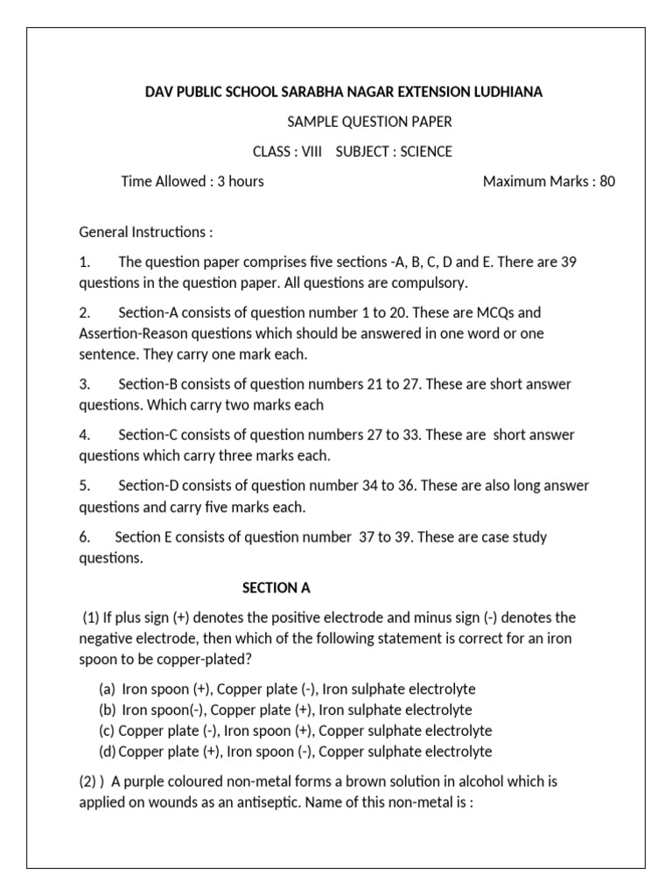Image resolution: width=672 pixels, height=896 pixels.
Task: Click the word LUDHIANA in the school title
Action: pos(505,92)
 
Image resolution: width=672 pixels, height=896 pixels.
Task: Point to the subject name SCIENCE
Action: pos(423,151)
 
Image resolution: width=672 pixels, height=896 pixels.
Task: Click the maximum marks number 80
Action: pos(607,181)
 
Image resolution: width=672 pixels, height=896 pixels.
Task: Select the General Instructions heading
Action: pos(145,232)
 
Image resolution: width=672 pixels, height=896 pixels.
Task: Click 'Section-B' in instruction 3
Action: pos(148,384)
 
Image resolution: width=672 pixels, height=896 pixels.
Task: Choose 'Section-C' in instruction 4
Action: pos(148,435)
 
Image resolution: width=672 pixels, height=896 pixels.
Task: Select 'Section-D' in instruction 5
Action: pos(149,486)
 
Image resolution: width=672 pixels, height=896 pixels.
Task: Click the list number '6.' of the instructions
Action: pos(85,536)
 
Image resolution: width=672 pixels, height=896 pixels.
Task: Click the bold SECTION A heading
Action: pos(276,587)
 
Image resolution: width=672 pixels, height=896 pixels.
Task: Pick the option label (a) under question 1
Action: pos(108,689)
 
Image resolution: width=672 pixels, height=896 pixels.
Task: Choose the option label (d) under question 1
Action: pos(108,752)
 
